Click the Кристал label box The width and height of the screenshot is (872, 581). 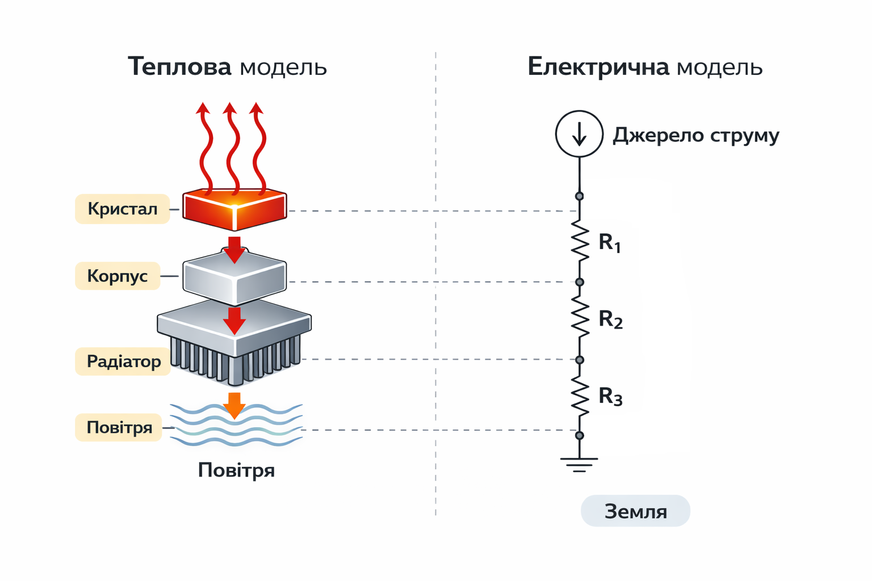point(122,209)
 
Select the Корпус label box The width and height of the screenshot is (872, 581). point(118,276)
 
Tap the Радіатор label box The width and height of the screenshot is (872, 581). point(123,361)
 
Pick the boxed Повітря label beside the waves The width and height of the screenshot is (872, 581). point(119,427)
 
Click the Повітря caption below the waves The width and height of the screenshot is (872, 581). point(236,470)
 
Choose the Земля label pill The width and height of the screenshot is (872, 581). point(635,511)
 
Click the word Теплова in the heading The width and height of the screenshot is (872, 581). point(179,66)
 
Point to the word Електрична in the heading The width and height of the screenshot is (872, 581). point(598,66)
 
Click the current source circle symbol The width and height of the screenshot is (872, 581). point(579,134)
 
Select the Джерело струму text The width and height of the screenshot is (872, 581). point(695,135)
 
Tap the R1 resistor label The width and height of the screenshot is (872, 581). point(610,243)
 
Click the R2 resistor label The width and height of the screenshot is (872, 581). point(611,319)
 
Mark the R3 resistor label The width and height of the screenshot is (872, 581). point(611,396)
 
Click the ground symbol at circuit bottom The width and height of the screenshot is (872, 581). point(579,464)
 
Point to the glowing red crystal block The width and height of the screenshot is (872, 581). point(234,209)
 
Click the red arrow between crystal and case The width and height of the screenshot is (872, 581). point(234,249)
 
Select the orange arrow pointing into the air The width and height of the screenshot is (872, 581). point(234,405)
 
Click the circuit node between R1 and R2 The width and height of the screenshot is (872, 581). point(580,282)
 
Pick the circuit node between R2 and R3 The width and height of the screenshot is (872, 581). point(580,360)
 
